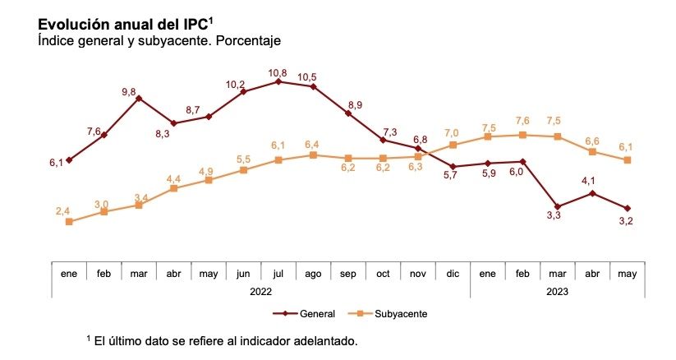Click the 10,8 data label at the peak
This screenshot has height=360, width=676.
(279, 72)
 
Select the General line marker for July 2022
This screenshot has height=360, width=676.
(279, 81)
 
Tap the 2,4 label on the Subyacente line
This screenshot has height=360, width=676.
(63, 211)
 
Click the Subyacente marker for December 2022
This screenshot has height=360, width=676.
(453, 145)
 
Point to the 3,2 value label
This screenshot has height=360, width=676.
(624, 221)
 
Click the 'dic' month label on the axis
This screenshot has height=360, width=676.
(453, 273)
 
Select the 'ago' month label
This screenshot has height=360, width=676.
(313, 273)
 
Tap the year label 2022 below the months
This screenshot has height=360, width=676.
(260, 290)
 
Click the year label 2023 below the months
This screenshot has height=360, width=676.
(557, 290)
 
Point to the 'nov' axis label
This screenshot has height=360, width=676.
(417, 273)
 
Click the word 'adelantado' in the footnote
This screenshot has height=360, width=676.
(324, 340)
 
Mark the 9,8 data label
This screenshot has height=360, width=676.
(129, 92)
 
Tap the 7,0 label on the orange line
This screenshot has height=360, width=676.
(452, 132)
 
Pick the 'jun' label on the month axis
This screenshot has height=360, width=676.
(243, 273)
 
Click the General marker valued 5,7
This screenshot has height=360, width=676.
(453, 167)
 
